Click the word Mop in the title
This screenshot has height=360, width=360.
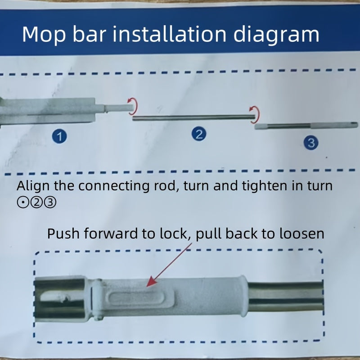coord(44,35)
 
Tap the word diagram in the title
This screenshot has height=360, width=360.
coord(276,35)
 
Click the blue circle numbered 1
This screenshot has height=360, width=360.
coord(59,136)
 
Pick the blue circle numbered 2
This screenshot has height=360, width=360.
coord(199,134)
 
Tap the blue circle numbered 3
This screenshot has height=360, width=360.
coord(311,143)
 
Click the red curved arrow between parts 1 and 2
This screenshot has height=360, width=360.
coord(133,106)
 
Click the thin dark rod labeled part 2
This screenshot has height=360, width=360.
coord(194,118)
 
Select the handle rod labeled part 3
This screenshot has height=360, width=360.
coord(306,126)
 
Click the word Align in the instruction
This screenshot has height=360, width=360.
coord(33,186)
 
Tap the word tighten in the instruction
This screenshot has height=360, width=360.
coord(264,186)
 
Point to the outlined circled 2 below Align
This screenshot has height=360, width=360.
coord(36,203)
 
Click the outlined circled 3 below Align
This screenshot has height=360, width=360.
coord(50,203)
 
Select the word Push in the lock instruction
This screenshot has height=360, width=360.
coord(63,234)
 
